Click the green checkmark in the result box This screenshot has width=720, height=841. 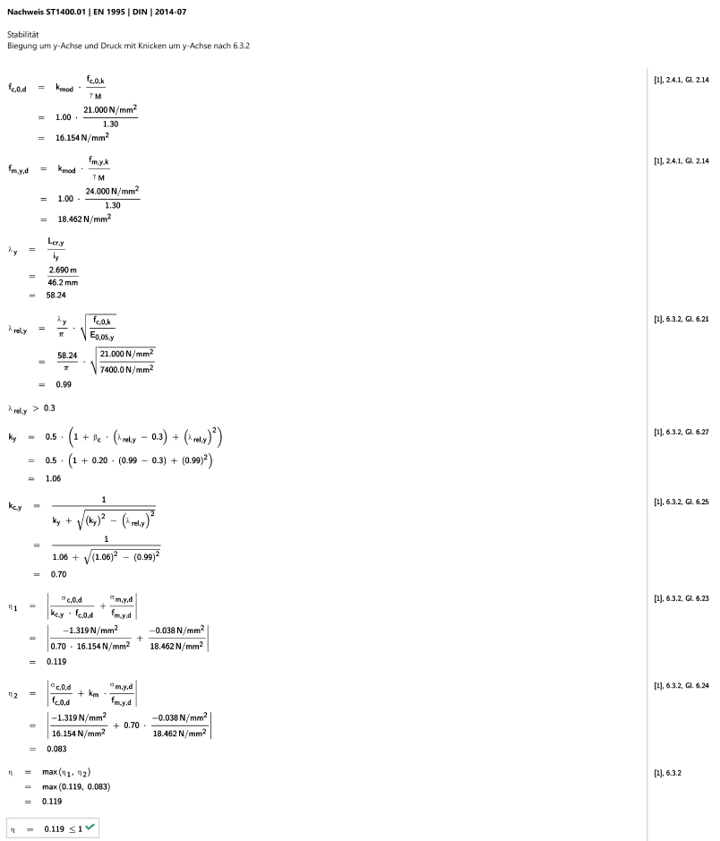[x=90, y=827]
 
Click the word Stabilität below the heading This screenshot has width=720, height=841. [x=22, y=34]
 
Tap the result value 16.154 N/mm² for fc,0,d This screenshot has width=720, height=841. [x=82, y=137]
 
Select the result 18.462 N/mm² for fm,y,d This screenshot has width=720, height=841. [x=84, y=219]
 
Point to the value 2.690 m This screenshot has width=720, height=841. [x=63, y=270]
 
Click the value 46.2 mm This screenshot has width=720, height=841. [x=63, y=283]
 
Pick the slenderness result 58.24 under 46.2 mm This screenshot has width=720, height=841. [x=56, y=295]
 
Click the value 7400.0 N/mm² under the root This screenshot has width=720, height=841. [x=126, y=369]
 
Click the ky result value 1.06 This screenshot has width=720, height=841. [x=53, y=478]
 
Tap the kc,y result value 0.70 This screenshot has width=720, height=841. [x=58, y=574]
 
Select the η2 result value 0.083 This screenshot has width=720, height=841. [x=56, y=749]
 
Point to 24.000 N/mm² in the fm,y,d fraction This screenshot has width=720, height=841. [x=112, y=191]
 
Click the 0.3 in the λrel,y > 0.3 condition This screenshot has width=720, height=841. [x=49, y=408]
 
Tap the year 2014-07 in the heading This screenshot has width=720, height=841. [x=170, y=12]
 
